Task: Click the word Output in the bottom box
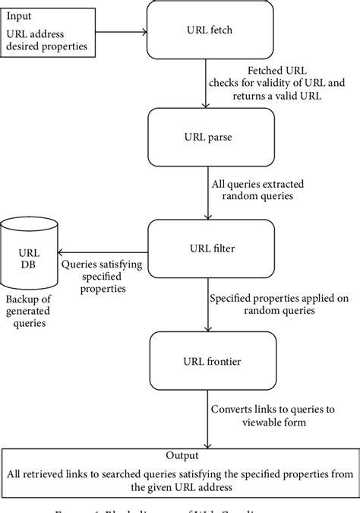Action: [x=181, y=455]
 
